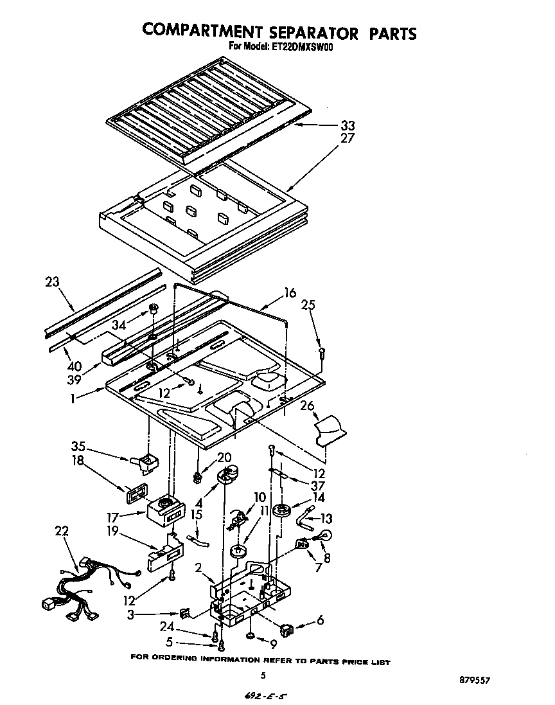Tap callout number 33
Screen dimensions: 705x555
pos(348,125)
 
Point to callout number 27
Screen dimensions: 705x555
pos(348,138)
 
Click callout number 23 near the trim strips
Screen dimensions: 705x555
pos(52,281)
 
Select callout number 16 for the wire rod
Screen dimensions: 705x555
pos(290,293)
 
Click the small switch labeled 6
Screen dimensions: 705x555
pos(286,626)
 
